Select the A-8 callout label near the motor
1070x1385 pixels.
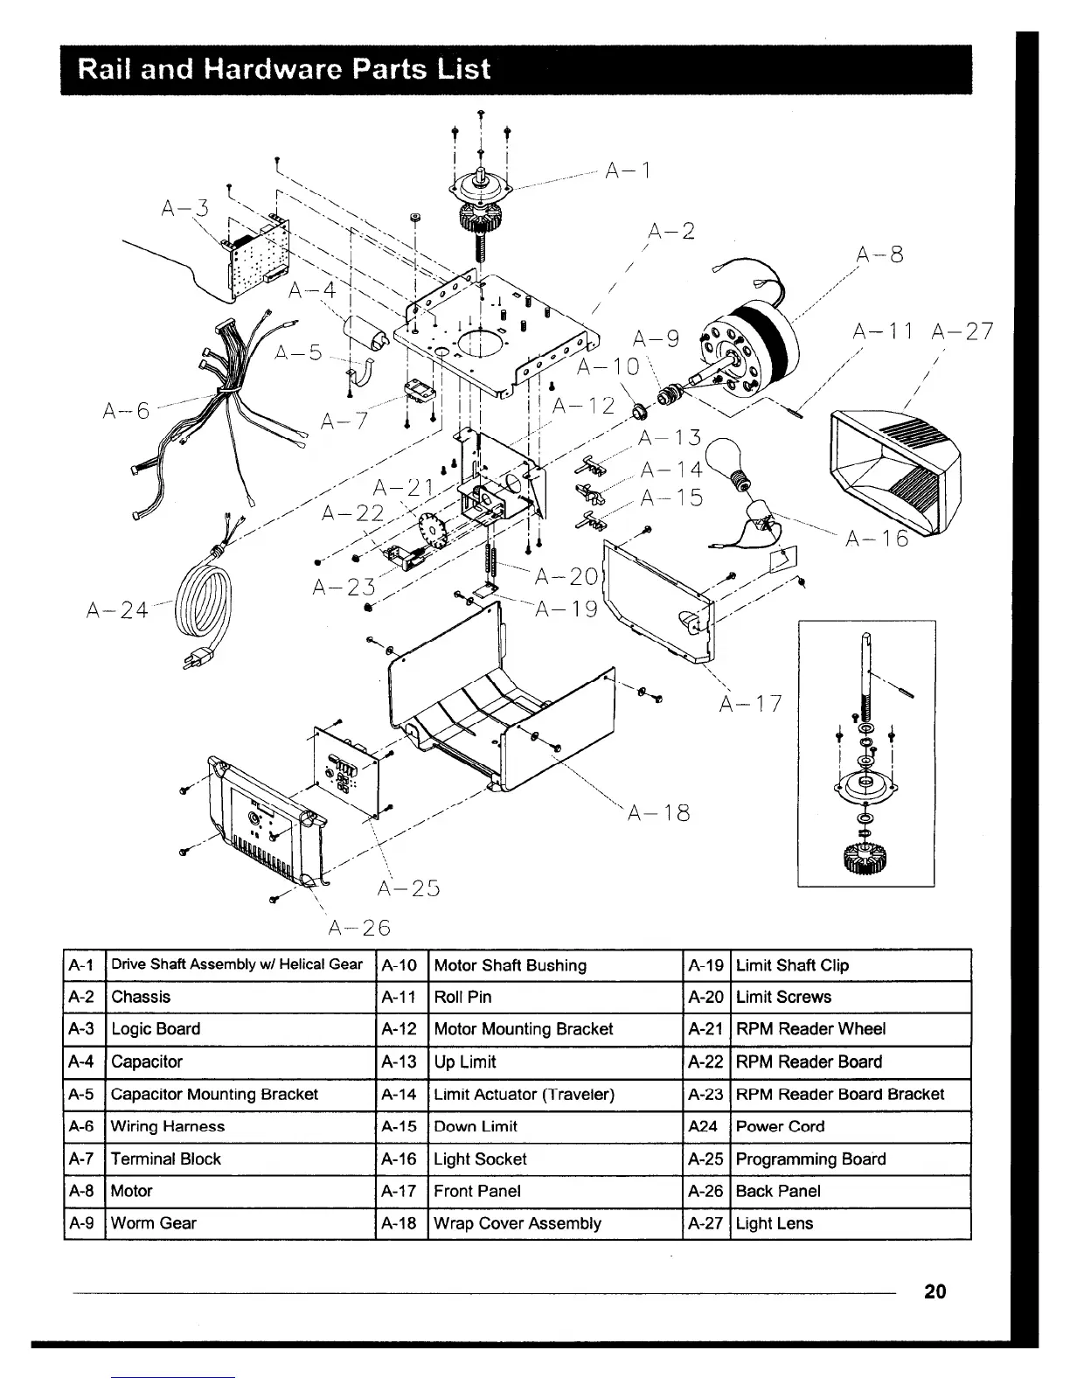pyautogui.click(x=879, y=254)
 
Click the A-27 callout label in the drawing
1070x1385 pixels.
pyautogui.click(x=962, y=331)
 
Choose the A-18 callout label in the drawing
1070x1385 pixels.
pyautogui.click(x=659, y=813)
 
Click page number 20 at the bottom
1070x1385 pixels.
pyautogui.click(x=935, y=1291)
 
